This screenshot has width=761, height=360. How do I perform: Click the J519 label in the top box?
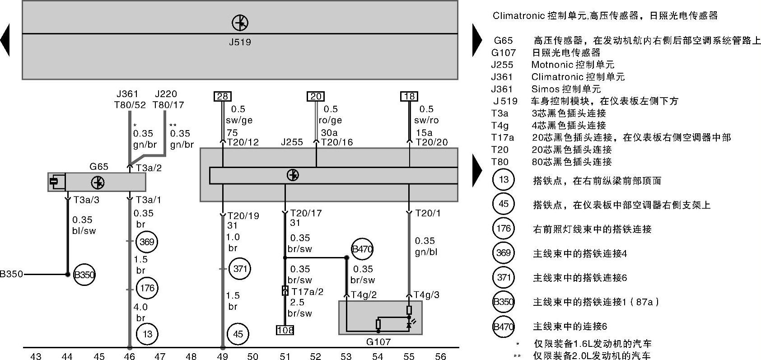(x=240, y=42)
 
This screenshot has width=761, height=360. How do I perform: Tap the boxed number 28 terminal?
(x=223, y=96)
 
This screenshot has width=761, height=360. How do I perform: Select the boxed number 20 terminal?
(x=316, y=96)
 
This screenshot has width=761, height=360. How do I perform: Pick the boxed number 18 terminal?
(x=409, y=96)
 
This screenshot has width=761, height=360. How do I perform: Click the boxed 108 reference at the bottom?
(x=285, y=330)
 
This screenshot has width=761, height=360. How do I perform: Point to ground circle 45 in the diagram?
(x=238, y=334)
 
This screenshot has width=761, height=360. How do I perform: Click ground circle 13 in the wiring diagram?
(x=147, y=334)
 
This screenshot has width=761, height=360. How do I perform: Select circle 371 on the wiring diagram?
(x=240, y=269)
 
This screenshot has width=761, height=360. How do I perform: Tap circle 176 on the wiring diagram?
(x=147, y=288)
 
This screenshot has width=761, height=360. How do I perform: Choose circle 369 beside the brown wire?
(x=147, y=242)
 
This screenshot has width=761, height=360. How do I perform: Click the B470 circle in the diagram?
(x=362, y=249)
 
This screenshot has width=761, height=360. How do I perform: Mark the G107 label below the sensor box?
(x=378, y=342)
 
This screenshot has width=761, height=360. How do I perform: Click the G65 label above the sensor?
(x=99, y=167)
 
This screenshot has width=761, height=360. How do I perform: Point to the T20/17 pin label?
(x=306, y=213)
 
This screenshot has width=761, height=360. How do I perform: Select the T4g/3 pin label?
(x=426, y=295)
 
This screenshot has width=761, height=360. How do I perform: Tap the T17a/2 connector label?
(x=308, y=292)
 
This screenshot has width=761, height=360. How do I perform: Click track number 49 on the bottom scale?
(x=222, y=356)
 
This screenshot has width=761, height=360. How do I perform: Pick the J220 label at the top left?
(x=166, y=94)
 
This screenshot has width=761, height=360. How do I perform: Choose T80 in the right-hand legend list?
(x=500, y=162)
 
